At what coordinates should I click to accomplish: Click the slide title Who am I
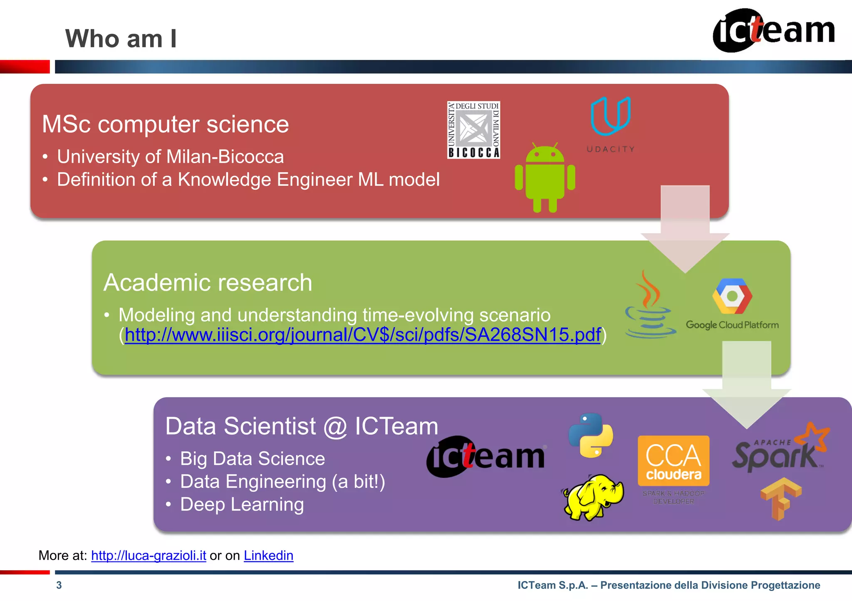(121, 39)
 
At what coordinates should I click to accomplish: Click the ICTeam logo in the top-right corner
(774, 30)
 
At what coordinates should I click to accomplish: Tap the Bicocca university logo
(473, 130)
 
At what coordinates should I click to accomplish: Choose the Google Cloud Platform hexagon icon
(732, 296)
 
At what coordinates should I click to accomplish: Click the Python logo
(591, 435)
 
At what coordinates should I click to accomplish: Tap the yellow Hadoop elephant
(593, 497)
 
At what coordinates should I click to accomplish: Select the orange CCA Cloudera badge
(674, 461)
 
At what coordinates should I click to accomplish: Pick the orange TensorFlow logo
(780, 498)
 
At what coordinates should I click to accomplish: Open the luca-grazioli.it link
(149, 556)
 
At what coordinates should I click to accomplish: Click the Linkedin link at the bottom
(268, 556)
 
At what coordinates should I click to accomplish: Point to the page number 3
(59, 585)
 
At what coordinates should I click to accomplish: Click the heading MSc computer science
(165, 124)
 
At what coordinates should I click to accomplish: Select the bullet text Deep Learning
(242, 505)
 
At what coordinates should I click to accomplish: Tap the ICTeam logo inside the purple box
(485, 457)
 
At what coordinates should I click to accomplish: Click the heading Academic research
(208, 283)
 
